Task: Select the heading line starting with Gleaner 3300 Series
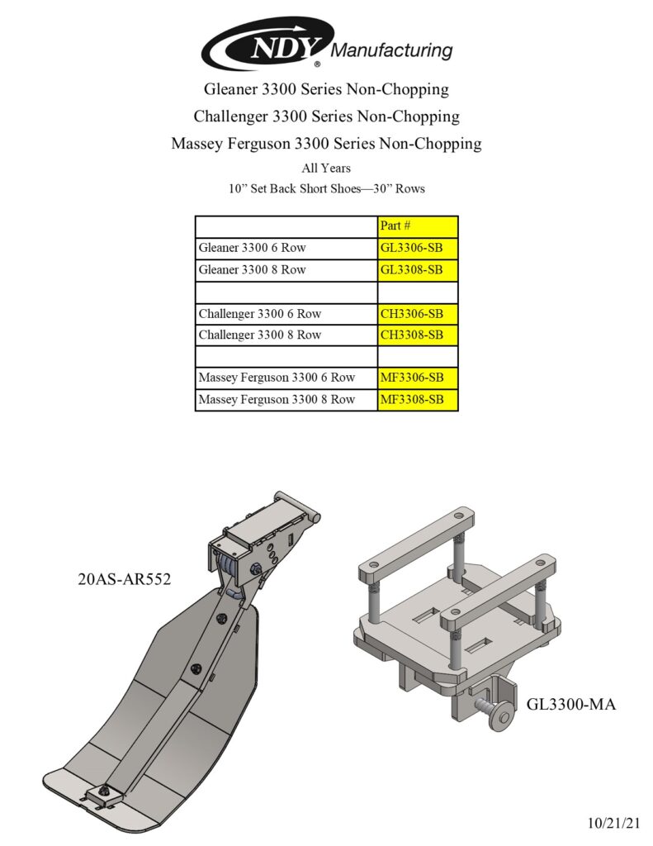tap(326, 89)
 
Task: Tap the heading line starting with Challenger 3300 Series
tap(326, 116)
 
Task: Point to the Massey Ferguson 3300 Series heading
tap(326, 143)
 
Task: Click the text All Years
tap(326, 169)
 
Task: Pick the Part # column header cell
tap(417, 226)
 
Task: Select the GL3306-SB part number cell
tap(417, 248)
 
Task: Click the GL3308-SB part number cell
tap(417, 270)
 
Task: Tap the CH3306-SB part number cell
tap(417, 314)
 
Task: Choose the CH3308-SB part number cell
tap(417, 335)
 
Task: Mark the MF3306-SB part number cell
tap(417, 378)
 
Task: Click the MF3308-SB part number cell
tap(417, 400)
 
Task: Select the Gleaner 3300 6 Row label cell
tap(286, 248)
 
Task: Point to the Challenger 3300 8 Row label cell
tap(286, 335)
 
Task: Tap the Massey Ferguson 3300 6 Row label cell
tap(286, 378)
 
